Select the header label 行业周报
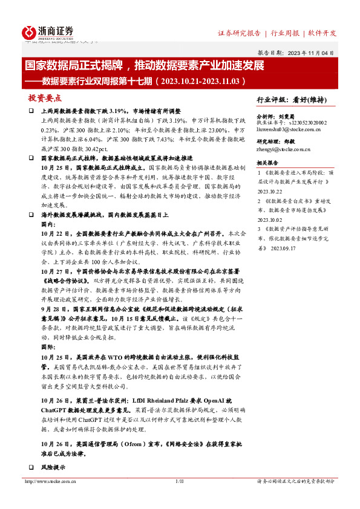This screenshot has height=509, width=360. [286, 33]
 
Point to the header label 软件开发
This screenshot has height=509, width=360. [322, 33]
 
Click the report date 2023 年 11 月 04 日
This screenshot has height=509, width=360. [312, 53]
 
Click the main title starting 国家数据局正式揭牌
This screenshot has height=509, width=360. [144, 65]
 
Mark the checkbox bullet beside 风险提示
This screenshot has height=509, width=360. [31, 467]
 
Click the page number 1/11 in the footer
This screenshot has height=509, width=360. [178, 481]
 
